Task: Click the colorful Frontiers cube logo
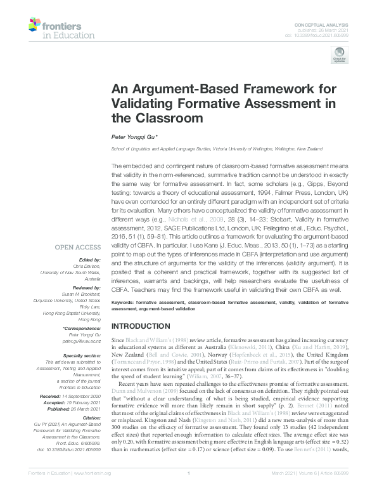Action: point(36,25)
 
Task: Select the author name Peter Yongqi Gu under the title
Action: point(136,136)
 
